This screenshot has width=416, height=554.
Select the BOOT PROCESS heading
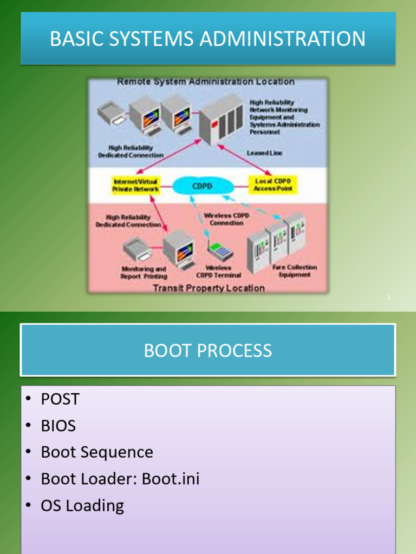[x=208, y=351]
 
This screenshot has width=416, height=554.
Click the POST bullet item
[x=60, y=399]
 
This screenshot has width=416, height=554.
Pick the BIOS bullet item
[x=58, y=426]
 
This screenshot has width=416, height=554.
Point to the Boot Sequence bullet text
[x=97, y=452]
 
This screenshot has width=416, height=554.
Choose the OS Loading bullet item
[x=82, y=506]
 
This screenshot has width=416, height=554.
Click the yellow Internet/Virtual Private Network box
[x=135, y=185]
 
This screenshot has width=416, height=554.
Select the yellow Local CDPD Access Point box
[x=273, y=185]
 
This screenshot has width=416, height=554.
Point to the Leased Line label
[x=264, y=153]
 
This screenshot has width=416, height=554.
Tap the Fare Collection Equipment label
[x=295, y=271]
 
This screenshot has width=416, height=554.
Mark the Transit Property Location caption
[x=209, y=288]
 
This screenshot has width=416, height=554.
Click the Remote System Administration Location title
[x=206, y=82]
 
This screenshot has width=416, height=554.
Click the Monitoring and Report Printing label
[x=144, y=273]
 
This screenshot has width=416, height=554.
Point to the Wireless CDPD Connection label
[x=226, y=219]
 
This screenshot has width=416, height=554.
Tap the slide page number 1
[x=389, y=297]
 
